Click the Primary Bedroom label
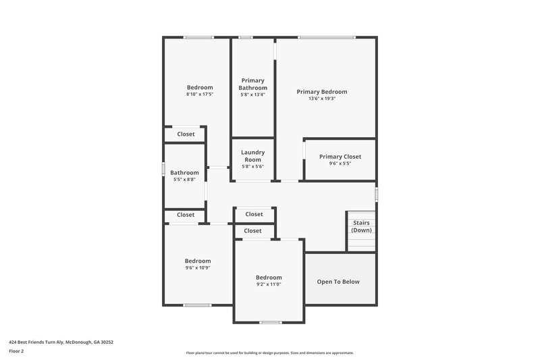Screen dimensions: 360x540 click(x=322, y=92)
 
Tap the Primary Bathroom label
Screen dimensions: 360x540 click(x=253, y=84)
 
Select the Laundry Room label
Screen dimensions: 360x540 click(x=253, y=156)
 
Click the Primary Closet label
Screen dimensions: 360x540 click(x=340, y=157)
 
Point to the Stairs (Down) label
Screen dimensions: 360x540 click(x=361, y=226)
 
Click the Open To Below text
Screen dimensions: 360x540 click(x=339, y=282)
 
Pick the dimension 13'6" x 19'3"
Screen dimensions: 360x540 click(x=322, y=99)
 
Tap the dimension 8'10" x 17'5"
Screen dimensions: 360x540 click(x=200, y=95)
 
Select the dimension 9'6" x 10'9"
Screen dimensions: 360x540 click(x=198, y=268)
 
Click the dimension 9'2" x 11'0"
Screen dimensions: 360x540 click(x=268, y=284)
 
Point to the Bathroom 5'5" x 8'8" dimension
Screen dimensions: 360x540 click(x=184, y=180)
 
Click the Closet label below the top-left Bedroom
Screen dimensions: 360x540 click(x=186, y=134)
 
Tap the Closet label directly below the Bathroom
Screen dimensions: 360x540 click(x=186, y=215)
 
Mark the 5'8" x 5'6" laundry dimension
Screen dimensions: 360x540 click(x=253, y=167)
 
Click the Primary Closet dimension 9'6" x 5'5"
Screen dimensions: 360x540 click(x=340, y=163)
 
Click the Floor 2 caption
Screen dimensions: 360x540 click(x=16, y=351)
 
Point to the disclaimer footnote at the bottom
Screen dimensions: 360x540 click(x=269, y=353)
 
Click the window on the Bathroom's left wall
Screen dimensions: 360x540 click(x=164, y=169)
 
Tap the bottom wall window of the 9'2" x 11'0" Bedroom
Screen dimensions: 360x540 click(x=270, y=322)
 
